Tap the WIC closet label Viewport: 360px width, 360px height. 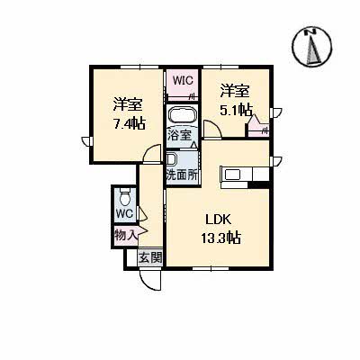[184, 80]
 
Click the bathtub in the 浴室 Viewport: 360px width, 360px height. [184, 116]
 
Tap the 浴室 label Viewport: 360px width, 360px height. [179, 136]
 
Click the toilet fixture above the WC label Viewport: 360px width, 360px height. [125, 197]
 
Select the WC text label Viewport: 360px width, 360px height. [124, 214]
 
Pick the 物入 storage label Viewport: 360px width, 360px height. [125, 235]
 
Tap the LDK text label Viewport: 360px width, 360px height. [219, 219]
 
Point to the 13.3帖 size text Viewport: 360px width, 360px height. [220, 238]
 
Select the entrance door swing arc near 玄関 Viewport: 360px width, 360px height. [147, 278]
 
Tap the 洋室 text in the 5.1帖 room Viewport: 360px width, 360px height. [236, 90]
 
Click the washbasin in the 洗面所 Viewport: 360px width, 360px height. [171, 160]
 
